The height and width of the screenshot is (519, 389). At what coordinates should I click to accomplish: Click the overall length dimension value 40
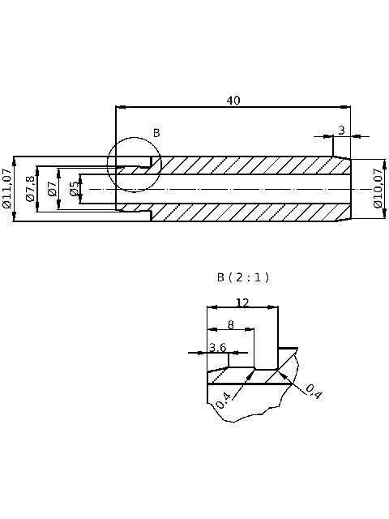click(x=233, y=101)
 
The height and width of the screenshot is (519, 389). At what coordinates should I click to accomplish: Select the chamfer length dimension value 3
click(x=341, y=130)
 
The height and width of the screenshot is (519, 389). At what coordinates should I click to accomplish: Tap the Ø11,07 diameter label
click(x=7, y=189)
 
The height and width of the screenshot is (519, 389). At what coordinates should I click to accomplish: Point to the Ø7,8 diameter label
click(x=30, y=189)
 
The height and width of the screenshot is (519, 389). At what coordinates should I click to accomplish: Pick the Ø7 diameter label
click(x=52, y=189)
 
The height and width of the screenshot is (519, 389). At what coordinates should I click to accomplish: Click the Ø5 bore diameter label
click(x=74, y=189)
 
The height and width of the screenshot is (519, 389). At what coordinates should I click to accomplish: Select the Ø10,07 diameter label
click(x=378, y=189)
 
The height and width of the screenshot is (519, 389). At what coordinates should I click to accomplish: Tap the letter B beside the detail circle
click(x=156, y=133)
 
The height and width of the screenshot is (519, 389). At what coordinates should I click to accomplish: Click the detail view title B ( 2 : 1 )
click(x=242, y=277)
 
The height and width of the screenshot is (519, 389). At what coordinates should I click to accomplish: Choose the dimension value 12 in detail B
click(x=242, y=302)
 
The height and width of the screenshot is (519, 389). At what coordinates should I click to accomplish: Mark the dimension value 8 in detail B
click(x=230, y=324)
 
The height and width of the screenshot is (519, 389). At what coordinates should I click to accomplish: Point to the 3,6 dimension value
click(x=217, y=347)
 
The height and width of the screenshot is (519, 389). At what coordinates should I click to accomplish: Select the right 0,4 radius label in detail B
click(x=314, y=392)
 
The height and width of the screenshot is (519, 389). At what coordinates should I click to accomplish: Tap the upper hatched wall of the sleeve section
click(x=243, y=165)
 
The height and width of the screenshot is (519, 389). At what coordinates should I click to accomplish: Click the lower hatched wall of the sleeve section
click(x=243, y=212)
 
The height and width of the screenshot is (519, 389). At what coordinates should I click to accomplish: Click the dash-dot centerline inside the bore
click(x=243, y=189)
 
